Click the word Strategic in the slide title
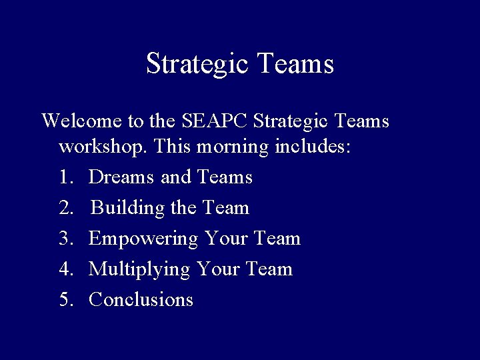click(197, 65)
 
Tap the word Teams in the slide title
click(294, 65)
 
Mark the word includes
click(311, 147)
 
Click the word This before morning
click(173, 147)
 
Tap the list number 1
click(66, 177)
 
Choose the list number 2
click(66, 208)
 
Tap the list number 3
click(66, 239)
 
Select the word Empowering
click(143, 239)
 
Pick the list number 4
click(66, 269)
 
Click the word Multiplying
click(139, 270)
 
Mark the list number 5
click(66, 300)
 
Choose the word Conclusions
click(141, 300)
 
